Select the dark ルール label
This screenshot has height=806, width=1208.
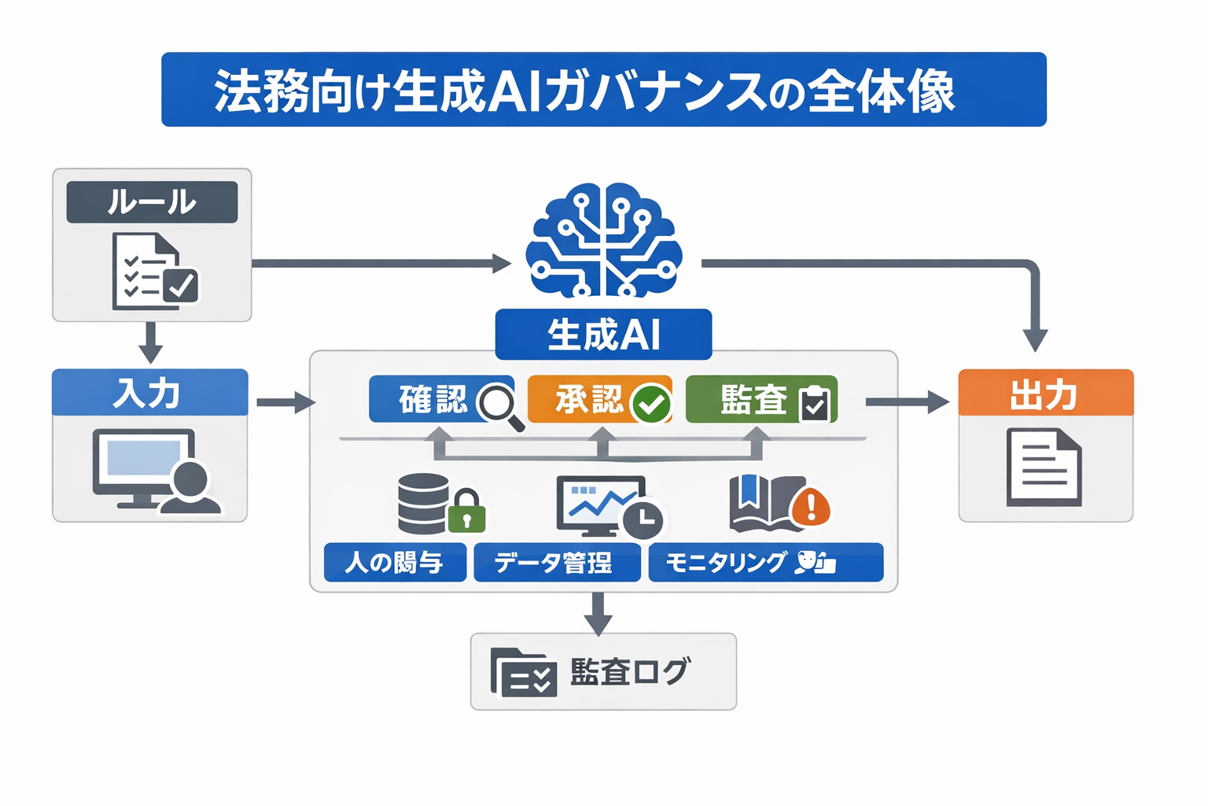pos(152,202)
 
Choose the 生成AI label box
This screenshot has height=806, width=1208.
pos(603,335)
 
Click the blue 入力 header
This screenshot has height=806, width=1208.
pos(149,393)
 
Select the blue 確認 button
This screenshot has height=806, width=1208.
pos(433,400)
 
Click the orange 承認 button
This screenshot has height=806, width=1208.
pos(590,400)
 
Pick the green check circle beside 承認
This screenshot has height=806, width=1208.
pos(651,405)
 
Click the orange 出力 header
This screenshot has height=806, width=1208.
pos(1045,393)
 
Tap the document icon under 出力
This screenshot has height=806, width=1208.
pos(1044,467)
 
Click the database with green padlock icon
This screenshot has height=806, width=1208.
pos(440,505)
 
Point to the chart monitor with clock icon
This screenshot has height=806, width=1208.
pos(609,507)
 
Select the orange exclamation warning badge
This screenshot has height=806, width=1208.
pos(811,505)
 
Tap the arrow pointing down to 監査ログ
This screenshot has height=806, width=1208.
pos(598,613)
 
